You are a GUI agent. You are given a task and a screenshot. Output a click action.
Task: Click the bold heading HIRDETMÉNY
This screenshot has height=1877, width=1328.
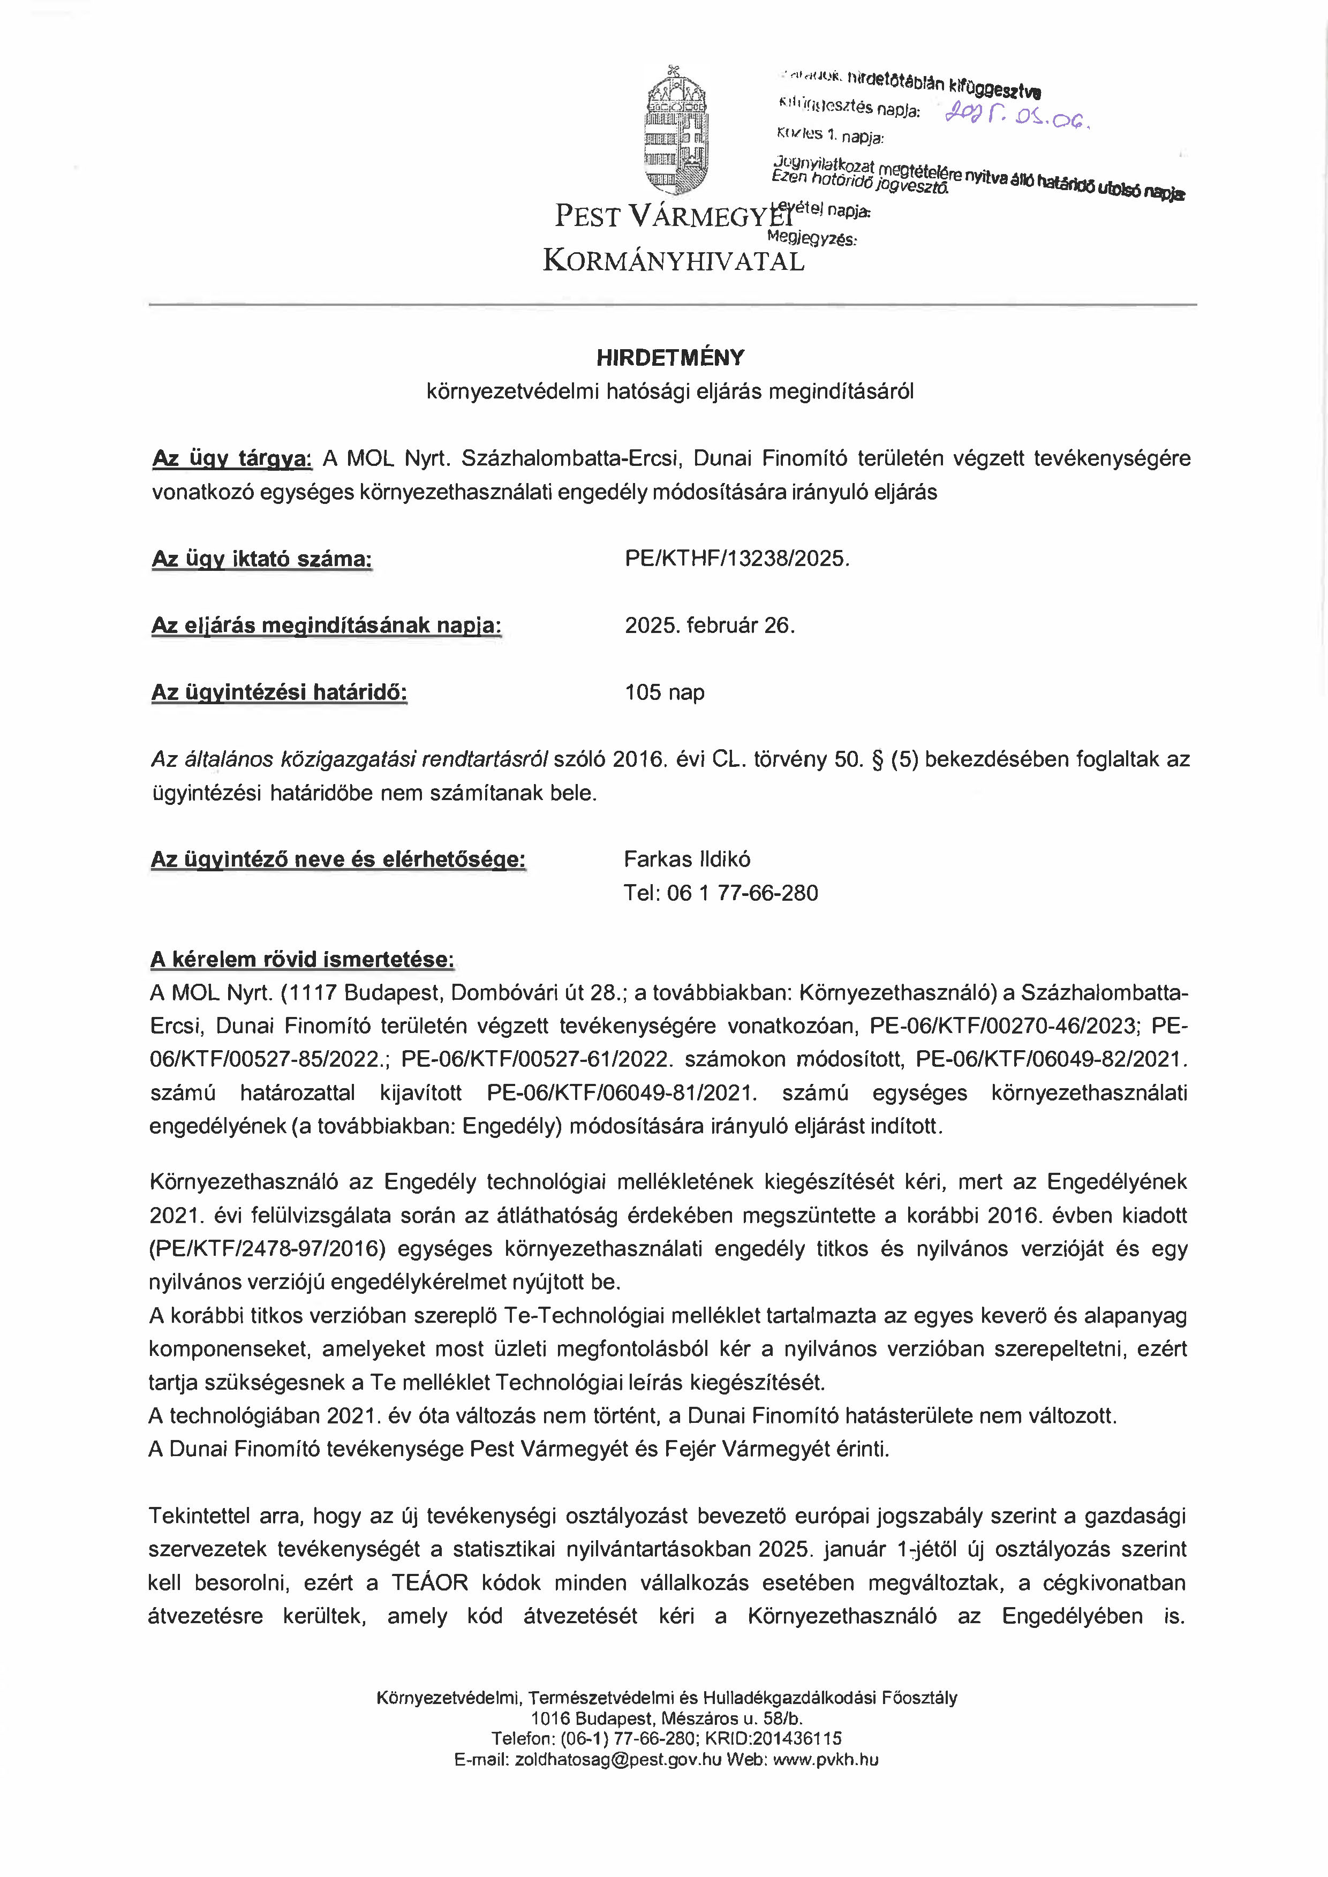[670, 357]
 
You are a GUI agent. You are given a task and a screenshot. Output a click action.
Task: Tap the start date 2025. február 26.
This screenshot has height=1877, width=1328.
[709, 625]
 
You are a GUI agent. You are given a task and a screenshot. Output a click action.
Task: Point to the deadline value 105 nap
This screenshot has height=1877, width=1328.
[664, 693]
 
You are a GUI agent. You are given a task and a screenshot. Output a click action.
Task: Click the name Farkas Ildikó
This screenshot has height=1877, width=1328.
[687, 859]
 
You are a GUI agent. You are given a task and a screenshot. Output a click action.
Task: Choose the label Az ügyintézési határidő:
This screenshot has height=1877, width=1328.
[279, 693]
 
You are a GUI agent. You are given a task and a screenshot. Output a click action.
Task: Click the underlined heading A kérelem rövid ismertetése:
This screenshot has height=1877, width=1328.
[301, 959]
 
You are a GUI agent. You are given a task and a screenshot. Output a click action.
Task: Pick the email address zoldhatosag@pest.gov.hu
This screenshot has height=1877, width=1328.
[617, 1760]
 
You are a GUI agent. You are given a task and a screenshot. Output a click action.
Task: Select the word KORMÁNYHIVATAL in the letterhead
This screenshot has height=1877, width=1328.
[674, 262]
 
